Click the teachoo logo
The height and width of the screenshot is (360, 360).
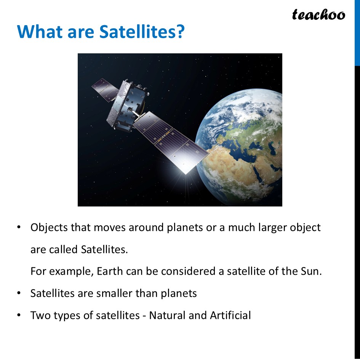pyautogui.click(x=318, y=15)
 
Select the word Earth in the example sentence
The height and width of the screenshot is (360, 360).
pyautogui.click(x=109, y=272)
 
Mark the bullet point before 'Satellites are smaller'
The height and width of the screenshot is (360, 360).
pyautogui.click(x=19, y=293)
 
